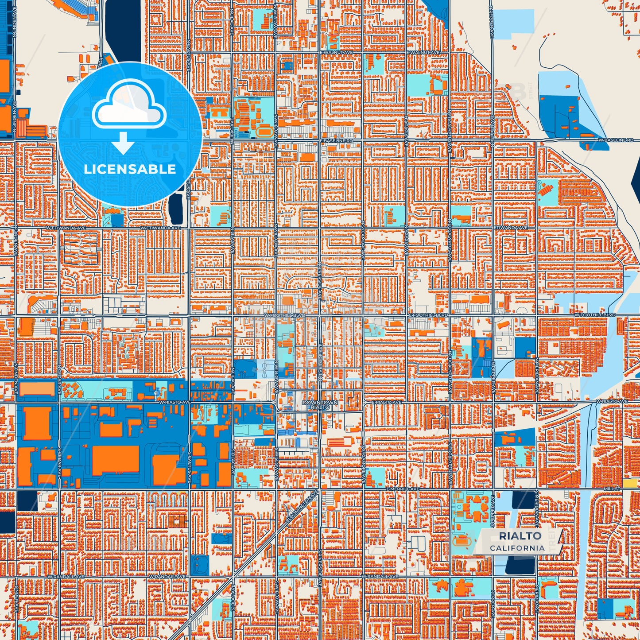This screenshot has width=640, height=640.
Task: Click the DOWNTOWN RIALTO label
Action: coord(320,405)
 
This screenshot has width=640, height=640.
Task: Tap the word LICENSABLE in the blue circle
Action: coord(130,169)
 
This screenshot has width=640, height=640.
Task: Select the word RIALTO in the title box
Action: coord(520,536)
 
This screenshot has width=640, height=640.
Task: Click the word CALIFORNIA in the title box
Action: coord(517,548)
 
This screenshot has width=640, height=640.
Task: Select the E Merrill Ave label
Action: coord(402,489)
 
